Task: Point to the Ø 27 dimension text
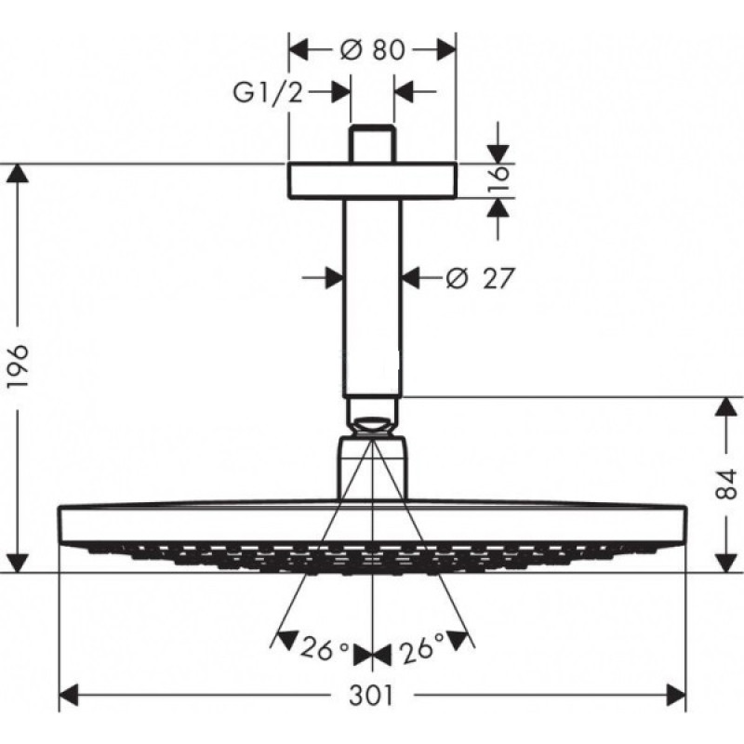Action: point(481,277)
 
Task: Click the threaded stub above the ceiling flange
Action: point(372,144)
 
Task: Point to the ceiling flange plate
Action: point(372,180)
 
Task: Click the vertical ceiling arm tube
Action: point(372,298)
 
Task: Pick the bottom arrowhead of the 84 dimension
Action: point(726,562)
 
